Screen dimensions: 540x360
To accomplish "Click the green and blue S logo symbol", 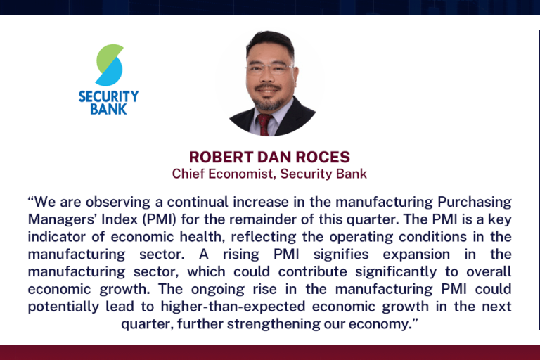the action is (110, 65).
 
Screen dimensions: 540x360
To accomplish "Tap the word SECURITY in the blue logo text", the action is (108, 96).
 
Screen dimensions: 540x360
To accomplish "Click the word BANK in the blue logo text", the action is (108, 109).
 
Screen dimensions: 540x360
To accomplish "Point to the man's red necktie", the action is (264, 124).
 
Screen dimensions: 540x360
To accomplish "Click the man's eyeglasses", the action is (270, 69).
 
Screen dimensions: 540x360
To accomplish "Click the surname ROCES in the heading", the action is (323, 157).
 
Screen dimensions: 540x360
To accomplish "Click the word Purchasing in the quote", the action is (474, 202).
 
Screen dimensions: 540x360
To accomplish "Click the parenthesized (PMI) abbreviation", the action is (159, 219).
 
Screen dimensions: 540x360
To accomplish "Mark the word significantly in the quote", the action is (396, 272).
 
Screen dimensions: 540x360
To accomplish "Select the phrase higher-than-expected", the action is (233, 307).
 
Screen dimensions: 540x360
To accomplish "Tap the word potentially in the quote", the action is (63, 307).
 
